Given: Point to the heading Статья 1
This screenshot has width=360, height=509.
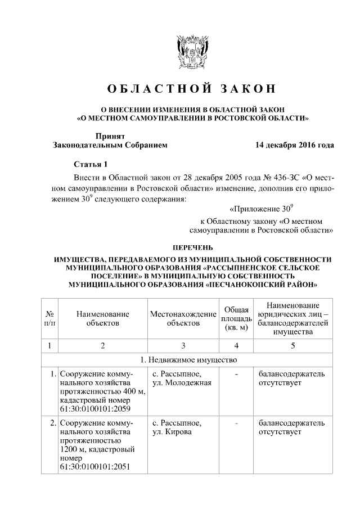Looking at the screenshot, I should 90,164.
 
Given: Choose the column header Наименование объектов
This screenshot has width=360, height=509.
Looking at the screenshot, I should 103,318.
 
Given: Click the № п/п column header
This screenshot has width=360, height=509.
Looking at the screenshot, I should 49,318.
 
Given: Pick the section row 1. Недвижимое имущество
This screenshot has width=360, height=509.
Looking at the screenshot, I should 188,359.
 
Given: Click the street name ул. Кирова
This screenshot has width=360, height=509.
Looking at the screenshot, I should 172,432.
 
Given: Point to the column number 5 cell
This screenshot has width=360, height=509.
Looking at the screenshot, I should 292,345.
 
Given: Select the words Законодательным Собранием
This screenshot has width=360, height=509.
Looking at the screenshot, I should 110,145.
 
